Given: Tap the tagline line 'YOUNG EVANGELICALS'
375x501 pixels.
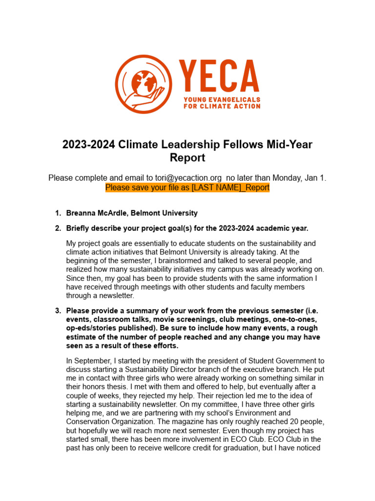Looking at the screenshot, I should point(222,99).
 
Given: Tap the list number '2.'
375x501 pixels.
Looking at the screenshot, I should point(58,228).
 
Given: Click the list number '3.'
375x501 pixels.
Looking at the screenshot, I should point(58,311).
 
